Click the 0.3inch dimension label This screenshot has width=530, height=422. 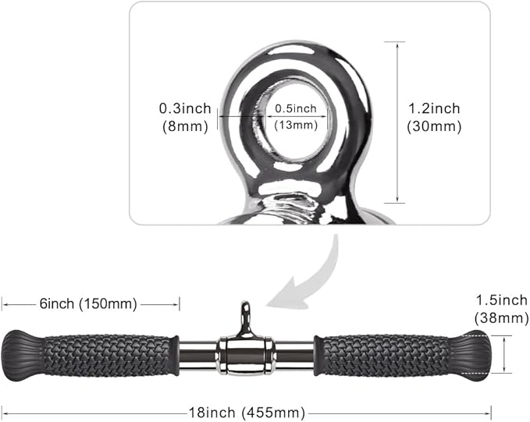tap(185, 108)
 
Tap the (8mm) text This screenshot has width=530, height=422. tap(185, 126)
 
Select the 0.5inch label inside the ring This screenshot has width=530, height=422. tap(296, 108)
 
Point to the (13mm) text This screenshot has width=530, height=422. tap(296, 125)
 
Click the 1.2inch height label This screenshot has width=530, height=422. tap(434, 108)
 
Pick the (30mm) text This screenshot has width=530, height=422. tap(434, 126)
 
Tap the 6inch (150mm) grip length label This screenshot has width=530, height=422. tap(88, 303)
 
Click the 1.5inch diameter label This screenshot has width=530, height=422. tap(502, 300)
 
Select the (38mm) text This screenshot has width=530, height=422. tap(502, 318)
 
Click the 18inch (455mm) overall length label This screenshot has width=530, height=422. tap(247, 413)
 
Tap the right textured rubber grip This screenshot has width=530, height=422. tap(386, 356)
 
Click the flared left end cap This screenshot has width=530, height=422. tap(23, 356)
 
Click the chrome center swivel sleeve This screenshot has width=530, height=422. tap(246, 356)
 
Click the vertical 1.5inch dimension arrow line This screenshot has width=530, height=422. tap(504, 355)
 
